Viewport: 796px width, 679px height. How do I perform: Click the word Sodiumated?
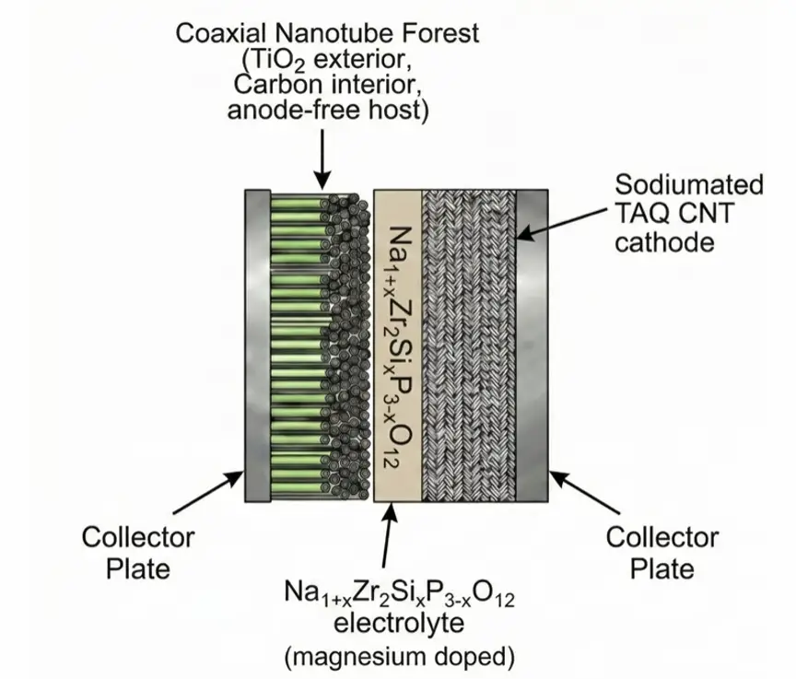tap(688, 185)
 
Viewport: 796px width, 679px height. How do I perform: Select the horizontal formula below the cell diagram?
tap(398, 598)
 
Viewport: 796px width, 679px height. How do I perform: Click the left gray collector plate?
tap(257, 345)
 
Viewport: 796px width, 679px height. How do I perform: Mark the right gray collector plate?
tap(533, 345)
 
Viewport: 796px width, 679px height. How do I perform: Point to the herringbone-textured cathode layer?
tap(468, 345)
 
